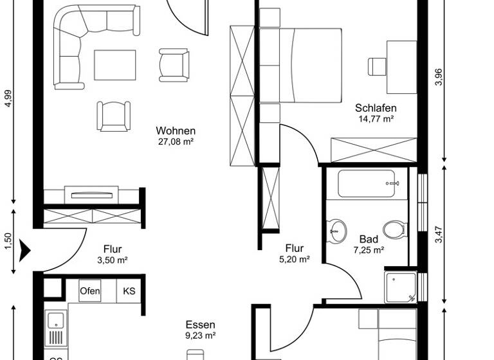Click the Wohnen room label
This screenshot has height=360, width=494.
pos(175,130)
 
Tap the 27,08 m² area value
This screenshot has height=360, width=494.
pos(175,141)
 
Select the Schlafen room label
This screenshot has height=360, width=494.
pos(376,108)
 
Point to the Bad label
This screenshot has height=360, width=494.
pos(369,239)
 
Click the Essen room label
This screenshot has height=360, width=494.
pos(200,325)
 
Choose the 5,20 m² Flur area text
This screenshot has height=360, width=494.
pos(295,260)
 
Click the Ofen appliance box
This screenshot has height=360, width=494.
pos(90,291)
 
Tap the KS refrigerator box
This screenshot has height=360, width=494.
pos(129,291)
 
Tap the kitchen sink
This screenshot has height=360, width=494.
pos(55,327)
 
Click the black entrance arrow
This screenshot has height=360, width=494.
pos(25,249)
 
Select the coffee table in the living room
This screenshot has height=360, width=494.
pos(115,65)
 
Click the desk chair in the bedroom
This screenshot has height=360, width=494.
pos(376,66)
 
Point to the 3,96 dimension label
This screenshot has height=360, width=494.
pos(439,77)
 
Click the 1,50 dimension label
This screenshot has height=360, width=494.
pos(8,240)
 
